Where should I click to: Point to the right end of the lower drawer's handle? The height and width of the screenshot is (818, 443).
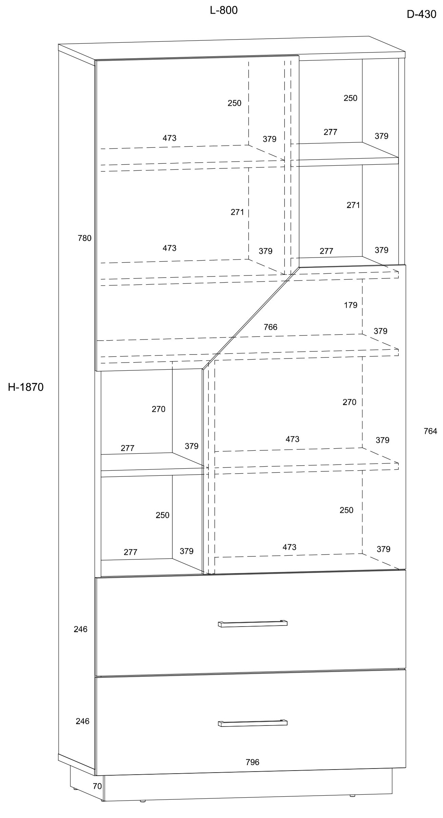point(287,721)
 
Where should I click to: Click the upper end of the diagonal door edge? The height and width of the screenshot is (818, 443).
point(299,267)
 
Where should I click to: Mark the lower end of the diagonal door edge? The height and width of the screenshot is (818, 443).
point(203,369)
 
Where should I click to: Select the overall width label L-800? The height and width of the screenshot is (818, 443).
point(224,11)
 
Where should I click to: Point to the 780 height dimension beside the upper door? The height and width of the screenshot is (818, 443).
point(85,238)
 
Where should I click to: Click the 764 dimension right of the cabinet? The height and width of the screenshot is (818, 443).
point(430,431)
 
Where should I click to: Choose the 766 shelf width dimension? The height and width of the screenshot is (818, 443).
point(270,327)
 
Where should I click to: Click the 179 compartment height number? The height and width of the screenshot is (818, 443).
point(350,305)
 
